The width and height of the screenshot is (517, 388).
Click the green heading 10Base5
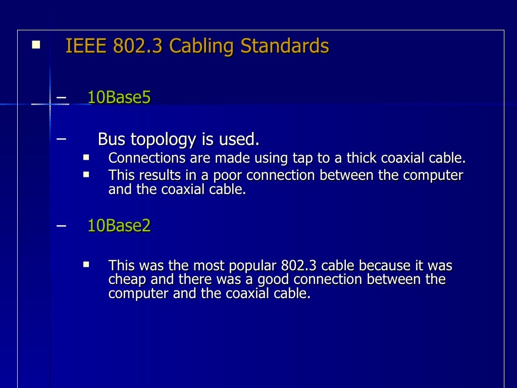point(119,98)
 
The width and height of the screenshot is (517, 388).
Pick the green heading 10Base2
point(119,226)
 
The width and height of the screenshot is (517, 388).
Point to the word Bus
point(111,139)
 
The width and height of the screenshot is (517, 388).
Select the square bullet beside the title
point(35,45)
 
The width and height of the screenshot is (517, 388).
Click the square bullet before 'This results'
point(86,174)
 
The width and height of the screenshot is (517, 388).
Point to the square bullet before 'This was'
point(86,264)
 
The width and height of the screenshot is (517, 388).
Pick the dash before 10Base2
point(62,225)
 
